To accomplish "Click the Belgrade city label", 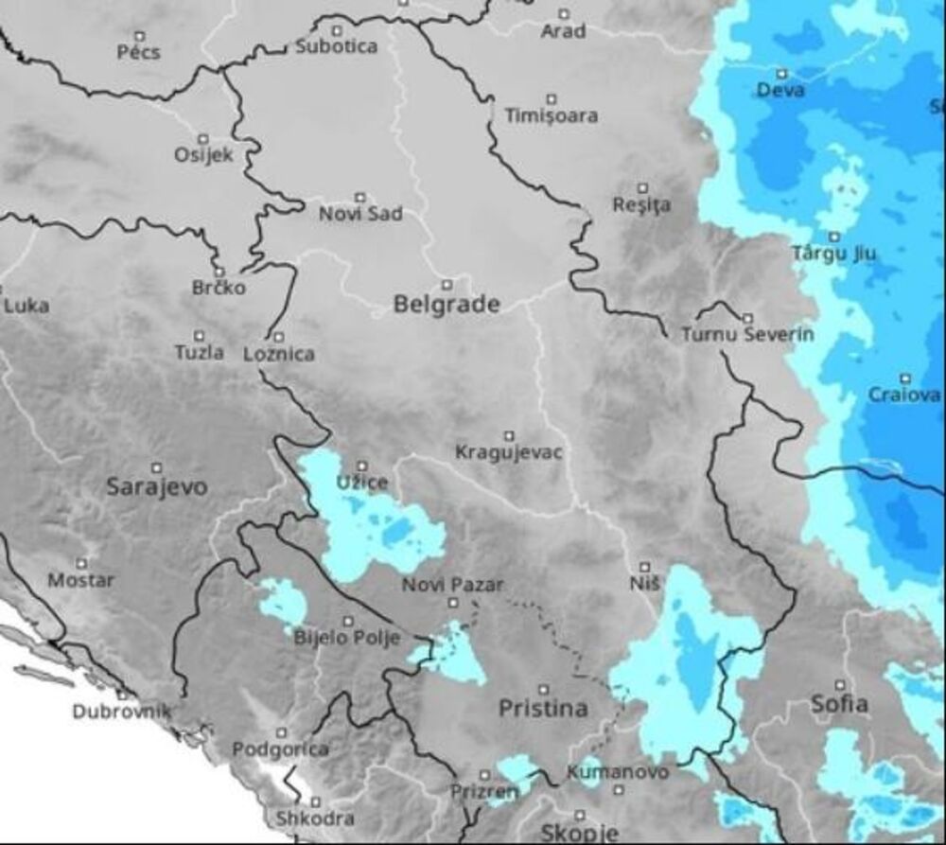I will pos(446,305).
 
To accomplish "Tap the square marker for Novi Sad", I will pos(359,197).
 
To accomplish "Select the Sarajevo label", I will pos(156,487).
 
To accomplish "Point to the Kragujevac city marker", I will pos(509,436).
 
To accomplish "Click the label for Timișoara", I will pos(552,116).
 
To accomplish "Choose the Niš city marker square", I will pos(643,567).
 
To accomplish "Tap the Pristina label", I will pos(543,708).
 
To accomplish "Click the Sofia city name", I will pos(839,704).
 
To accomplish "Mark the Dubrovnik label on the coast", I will pos(121,712).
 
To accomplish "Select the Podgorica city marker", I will pos(281,732).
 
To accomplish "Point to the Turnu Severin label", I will pos(746,335).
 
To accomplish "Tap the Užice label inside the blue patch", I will pos(362,483).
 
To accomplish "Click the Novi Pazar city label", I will pos(452,585).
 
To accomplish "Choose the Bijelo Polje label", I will pos(347,637).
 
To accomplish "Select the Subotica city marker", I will pos(336,27).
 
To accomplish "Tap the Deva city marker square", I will pos(781,73).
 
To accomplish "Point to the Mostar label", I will pos(80,580).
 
